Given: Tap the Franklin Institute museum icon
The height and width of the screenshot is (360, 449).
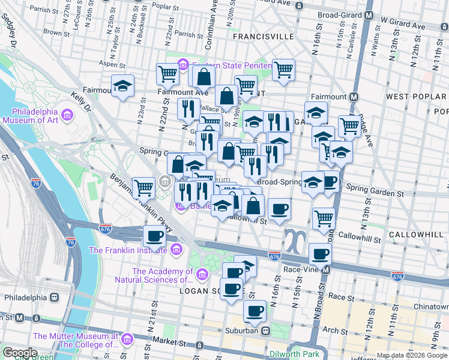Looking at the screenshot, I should click(176, 250).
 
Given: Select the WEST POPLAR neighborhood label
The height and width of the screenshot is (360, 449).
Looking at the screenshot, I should click(416, 97).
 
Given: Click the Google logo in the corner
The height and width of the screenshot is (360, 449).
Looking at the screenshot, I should click(20, 353).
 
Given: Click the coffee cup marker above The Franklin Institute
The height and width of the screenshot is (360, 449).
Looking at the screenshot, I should click(154, 236).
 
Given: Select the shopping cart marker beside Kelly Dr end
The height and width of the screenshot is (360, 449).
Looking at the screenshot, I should click(144, 188).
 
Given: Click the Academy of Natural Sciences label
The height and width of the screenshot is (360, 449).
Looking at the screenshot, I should click(155, 275).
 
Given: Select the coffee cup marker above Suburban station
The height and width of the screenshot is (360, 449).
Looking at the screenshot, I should click(255, 311).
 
